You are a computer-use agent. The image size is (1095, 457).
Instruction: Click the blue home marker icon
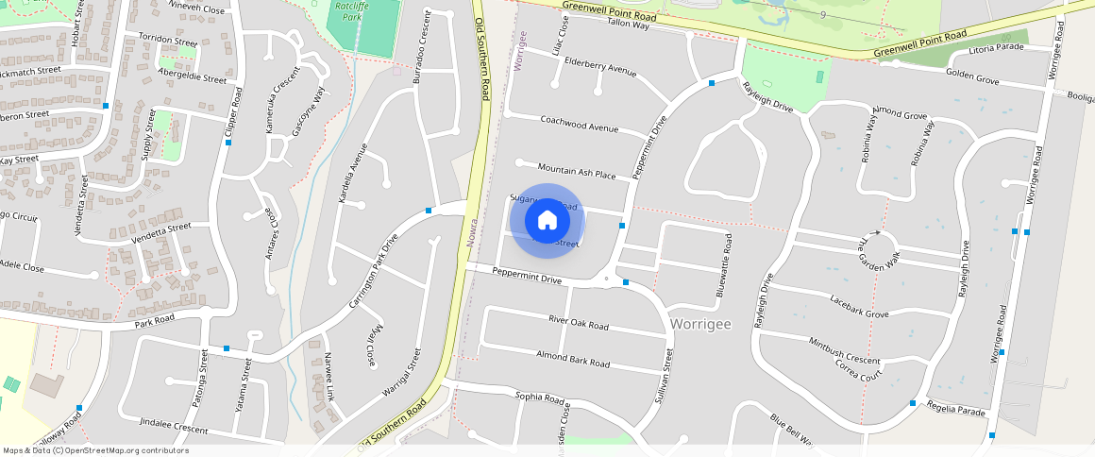547,221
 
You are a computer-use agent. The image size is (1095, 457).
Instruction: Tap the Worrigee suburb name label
700,324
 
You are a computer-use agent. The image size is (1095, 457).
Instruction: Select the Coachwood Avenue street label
579,124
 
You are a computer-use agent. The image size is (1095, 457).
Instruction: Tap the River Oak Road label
579,322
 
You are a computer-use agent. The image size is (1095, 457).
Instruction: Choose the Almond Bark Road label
573,357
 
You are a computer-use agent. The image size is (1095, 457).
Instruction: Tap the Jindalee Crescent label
173,429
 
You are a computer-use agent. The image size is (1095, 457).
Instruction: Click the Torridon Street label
167,42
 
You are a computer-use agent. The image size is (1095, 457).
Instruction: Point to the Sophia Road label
539,397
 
